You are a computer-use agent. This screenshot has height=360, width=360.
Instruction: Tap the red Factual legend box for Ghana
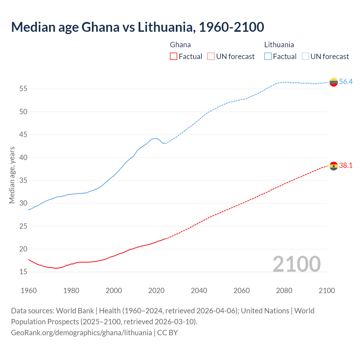pos(174,56)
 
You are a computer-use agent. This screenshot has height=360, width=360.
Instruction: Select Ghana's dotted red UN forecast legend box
pos(211,56)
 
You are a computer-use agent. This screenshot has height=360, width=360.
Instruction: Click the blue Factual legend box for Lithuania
pos(268,56)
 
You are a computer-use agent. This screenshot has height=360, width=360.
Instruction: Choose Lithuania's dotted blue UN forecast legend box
pos(305,56)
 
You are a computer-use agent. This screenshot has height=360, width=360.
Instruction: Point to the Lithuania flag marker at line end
pos(334,82)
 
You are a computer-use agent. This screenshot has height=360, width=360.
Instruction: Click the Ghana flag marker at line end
pos(334,166)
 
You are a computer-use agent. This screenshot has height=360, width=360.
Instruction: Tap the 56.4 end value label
pos(346,82)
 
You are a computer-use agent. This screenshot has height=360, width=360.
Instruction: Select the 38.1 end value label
pos(346,166)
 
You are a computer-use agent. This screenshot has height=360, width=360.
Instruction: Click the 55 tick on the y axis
pos(23,89)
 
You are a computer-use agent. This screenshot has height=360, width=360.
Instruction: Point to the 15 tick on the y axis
pos(23,272)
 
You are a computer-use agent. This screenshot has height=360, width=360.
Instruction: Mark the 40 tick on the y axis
pos(23,157)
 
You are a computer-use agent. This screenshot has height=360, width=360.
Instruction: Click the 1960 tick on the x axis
pos(29,291)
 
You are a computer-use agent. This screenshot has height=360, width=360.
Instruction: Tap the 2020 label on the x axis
pos(156,291)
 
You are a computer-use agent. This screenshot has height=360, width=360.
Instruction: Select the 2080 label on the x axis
pos(284,291)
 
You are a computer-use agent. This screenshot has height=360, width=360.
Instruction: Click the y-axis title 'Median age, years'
pos(12,175)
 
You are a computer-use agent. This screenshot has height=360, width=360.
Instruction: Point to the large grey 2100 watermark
pos(297,264)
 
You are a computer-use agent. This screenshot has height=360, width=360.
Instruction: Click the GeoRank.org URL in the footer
pos(81,333)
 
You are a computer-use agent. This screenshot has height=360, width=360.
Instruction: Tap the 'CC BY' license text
pos(168,333)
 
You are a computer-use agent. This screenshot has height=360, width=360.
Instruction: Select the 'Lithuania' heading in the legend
pos(279,45)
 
